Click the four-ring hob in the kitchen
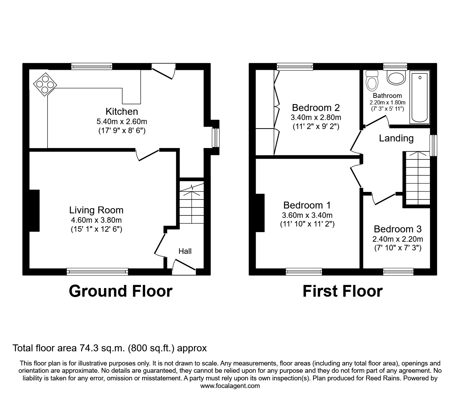point(45,84)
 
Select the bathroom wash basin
point(396,77)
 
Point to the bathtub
point(419,97)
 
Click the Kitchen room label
point(122,111)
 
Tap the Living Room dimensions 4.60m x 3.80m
point(96,220)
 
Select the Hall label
point(185,251)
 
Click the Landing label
point(396,138)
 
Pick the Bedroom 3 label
point(398,229)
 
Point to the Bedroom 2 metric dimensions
point(316,117)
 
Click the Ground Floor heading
point(121,291)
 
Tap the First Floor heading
point(343,291)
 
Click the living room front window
point(97,271)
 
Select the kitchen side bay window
point(215,138)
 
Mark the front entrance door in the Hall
point(184,267)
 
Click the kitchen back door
point(163,71)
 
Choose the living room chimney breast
point(35,211)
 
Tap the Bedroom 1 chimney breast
point(260,213)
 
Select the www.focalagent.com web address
point(230,386)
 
